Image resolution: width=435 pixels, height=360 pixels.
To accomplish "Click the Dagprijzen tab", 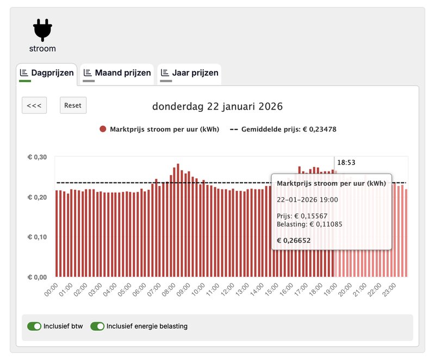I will (x=47, y=73).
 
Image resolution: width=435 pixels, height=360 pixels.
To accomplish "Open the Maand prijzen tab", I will (x=117, y=73).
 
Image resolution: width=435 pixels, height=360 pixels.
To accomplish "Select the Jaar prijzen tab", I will (x=189, y=73).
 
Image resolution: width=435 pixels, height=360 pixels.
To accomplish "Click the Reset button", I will (x=73, y=105).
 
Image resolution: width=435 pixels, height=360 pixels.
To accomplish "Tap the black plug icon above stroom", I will (x=42, y=30).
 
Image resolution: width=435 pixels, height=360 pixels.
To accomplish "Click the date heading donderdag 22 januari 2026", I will (x=217, y=106).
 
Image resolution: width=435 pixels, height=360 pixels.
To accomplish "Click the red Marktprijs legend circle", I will (x=103, y=130).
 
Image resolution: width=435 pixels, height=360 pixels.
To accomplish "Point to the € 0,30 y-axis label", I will (x=38, y=157).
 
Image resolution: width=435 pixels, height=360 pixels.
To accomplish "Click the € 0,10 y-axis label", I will (x=38, y=237).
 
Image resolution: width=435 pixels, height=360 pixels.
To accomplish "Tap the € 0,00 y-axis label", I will (x=38, y=277).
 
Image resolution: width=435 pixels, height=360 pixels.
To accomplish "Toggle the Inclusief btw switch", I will (x=34, y=326).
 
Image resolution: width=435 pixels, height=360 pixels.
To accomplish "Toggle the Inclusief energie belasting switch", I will (x=97, y=326).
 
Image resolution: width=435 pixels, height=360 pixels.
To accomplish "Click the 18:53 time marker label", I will (x=346, y=162).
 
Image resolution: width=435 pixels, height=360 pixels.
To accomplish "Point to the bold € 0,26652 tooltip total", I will (x=294, y=240).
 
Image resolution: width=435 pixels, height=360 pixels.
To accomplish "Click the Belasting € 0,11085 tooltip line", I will (x=309, y=224).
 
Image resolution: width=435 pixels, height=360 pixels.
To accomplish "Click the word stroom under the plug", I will (x=42, y=48).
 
